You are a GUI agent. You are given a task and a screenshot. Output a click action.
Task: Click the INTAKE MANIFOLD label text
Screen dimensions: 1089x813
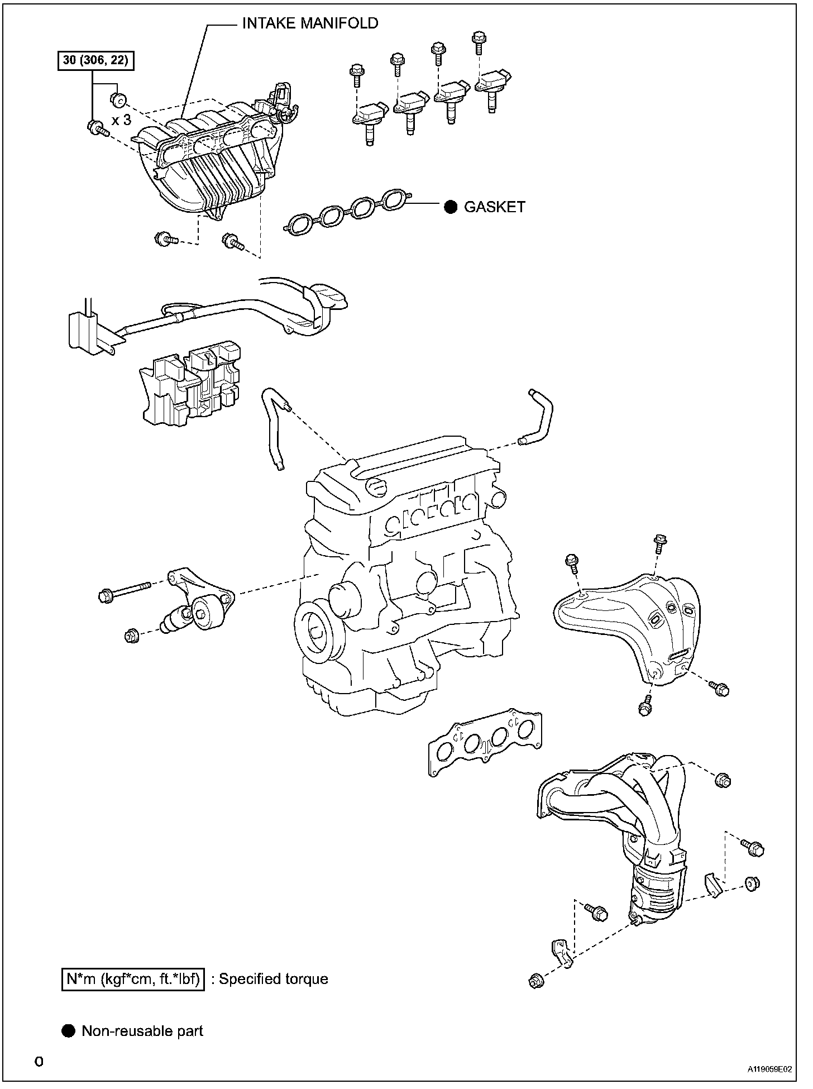coord(310,23)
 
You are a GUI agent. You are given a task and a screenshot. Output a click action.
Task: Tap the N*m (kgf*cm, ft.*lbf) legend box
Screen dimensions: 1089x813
coord(132,978)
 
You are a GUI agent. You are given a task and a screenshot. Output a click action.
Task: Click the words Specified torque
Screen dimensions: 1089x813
coord(273,978)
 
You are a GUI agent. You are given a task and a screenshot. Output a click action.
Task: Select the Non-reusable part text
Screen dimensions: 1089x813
coord(142,1031)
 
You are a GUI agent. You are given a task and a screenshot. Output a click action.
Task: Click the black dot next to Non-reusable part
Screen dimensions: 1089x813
coord(68,1031)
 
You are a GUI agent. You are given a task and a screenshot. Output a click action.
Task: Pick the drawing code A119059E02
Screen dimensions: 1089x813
coord(770,1069)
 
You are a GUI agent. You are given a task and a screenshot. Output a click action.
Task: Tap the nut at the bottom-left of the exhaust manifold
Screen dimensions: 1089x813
coord(535,981)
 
